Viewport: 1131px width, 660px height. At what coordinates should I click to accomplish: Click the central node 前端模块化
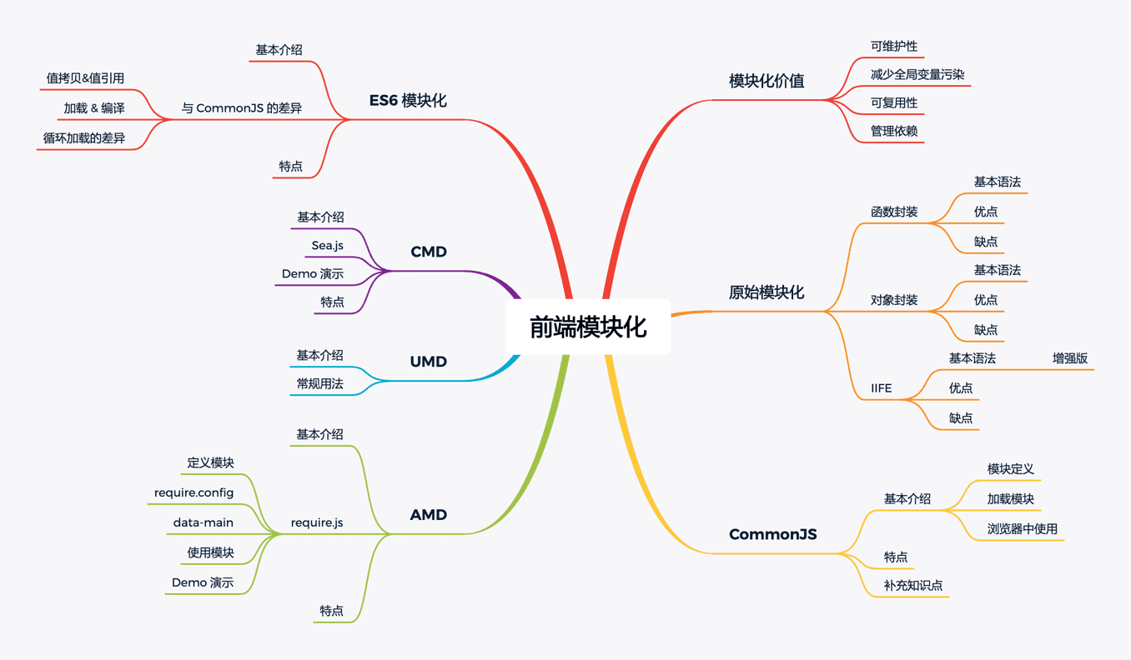click(588, 327)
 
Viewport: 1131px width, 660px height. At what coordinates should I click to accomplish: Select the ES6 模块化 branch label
click(408, 101)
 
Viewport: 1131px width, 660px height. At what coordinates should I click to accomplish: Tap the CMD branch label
click(429, 252)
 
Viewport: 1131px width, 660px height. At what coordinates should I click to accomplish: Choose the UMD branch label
click(429, 362)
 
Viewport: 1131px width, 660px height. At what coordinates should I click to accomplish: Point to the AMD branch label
click(429, 515)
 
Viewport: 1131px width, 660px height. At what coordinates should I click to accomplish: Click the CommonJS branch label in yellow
click(772, 534)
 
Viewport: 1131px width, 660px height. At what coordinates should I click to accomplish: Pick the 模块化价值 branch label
click(767, 81)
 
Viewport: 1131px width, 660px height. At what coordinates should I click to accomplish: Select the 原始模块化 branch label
click(767, 292)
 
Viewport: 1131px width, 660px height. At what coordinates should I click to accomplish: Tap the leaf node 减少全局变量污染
click(917, 75)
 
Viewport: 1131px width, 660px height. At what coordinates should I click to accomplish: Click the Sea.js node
click(327, 246)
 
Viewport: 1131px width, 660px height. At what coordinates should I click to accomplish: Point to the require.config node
click(194, 492)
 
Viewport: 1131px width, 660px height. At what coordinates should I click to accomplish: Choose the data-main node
click(204, 522)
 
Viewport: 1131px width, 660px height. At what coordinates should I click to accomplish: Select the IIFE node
click(881, 388)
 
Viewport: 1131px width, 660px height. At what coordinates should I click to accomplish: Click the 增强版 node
click(1070, 358)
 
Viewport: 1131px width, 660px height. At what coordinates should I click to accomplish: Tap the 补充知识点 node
click(913, 586)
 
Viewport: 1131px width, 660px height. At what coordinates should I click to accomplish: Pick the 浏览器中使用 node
click(1022, 529)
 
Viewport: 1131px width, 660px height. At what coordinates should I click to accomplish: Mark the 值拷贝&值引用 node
click(85, 78)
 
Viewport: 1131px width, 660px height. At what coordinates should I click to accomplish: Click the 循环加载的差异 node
click(84, 138)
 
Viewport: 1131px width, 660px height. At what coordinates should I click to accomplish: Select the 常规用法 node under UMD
click(319, 384)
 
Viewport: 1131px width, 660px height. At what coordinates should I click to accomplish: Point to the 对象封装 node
click(894, 300)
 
